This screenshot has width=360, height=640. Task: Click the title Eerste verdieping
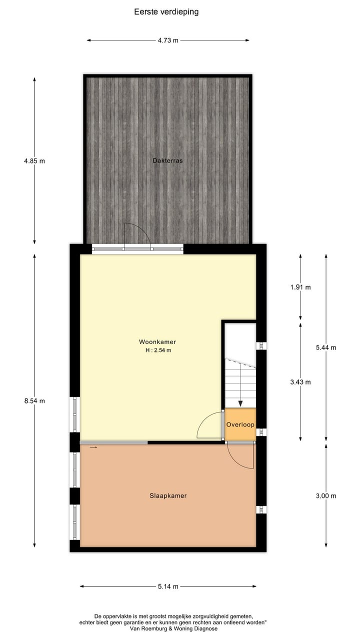click(166, 11)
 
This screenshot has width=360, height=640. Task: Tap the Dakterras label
click(168, 160)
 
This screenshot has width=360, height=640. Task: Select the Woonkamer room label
click(157, 342)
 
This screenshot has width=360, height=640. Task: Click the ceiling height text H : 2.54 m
click(158, 350)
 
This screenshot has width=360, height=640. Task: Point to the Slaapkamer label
click(168, 496)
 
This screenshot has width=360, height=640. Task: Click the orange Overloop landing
click(240, 424)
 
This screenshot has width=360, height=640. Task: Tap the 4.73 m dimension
click(168, 40)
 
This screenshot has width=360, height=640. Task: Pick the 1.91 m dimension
click(300, 287)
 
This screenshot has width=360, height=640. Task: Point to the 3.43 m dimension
click(300, 382)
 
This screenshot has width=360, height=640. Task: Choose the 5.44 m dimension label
click(326, 347)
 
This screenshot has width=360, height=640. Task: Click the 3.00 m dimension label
click(326, 496)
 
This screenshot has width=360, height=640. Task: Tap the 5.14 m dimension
click(168, 586)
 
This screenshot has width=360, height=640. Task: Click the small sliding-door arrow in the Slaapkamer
click(93, 447)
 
